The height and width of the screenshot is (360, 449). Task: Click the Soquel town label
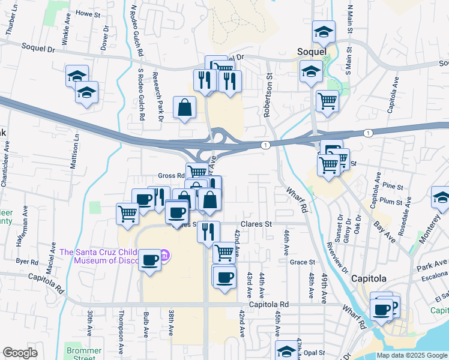click(312, 52)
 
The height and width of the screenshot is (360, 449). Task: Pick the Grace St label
click(302, 262)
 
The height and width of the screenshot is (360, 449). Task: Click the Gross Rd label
click(171, 176)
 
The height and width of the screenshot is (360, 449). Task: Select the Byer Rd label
click(27, 262)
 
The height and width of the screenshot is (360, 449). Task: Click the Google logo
click(20, 353)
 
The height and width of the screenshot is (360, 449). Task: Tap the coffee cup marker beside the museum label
click(149, 260)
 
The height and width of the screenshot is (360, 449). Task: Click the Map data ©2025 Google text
click(412, 355)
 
